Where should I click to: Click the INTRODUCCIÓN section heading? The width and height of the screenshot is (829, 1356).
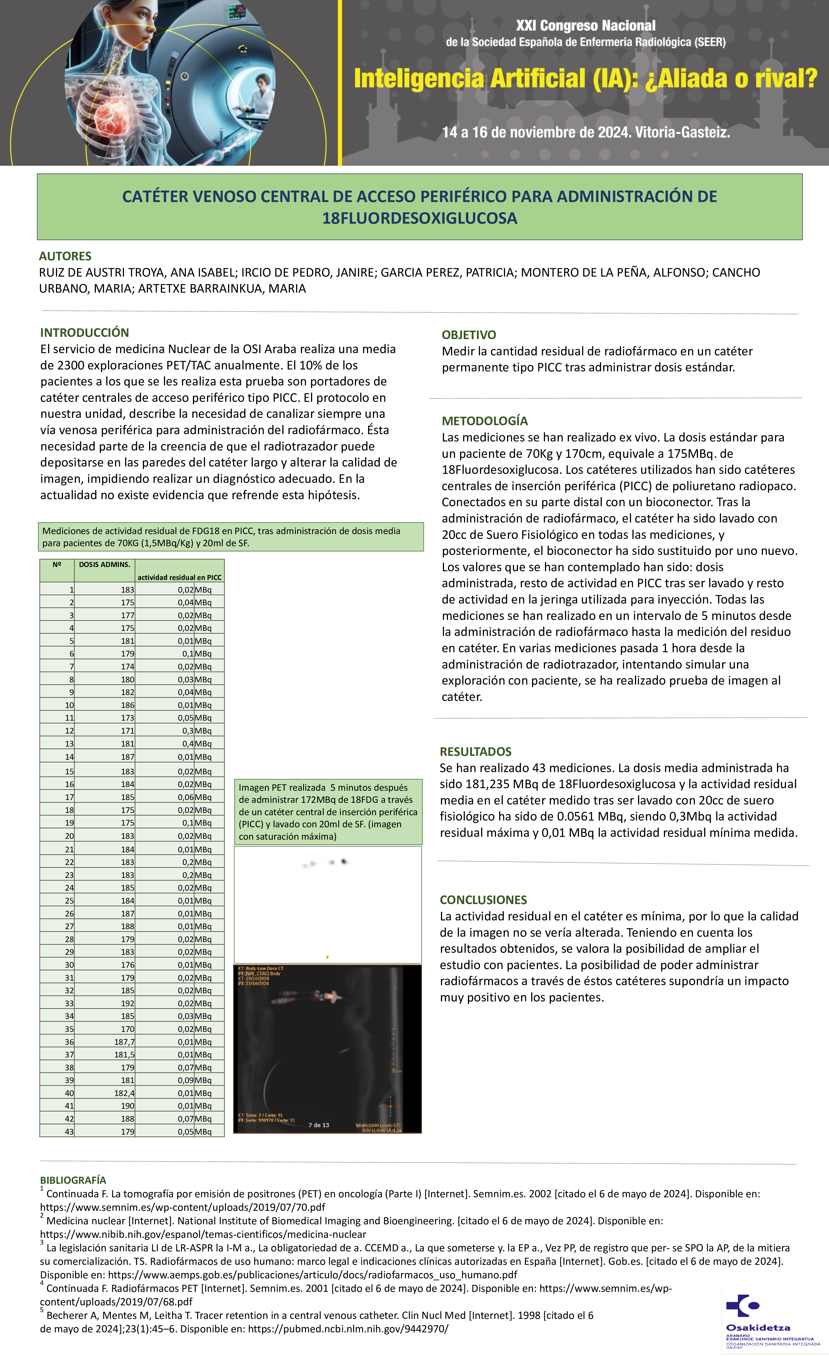[84, 332]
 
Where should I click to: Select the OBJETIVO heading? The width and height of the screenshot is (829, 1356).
[469, 335]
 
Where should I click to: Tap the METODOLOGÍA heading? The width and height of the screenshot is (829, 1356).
[485, 421]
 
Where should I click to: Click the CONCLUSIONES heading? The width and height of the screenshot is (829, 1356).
[483, 900]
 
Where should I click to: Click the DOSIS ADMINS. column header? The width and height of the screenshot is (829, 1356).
[105, 565]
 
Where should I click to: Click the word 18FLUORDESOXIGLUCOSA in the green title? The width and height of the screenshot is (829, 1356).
[420, 218]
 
